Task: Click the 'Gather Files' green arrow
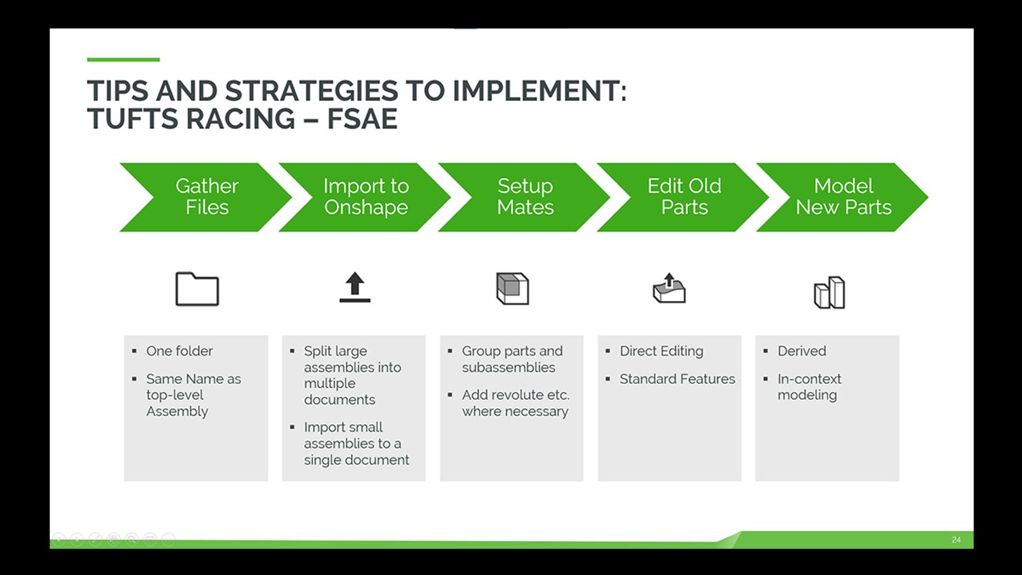(x=206, y=197)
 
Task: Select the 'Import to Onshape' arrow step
(x=365, y=197)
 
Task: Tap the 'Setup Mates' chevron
(x=525, y=197)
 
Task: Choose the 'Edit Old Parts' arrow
(x=684, y=197)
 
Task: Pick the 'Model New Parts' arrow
(x=843, y=197)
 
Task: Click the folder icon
(x=197, y=289)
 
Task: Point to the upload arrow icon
(x=355, y=287)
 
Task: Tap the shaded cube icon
(x=512, y=289)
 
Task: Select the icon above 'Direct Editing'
(x=669, y=288)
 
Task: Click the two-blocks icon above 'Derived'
(x=829, y=293)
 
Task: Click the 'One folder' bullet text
(x=179, y=351)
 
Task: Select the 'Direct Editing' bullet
(x=661, y=351)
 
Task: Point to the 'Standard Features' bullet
(x=677, y=379)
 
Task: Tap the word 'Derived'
(x=802, y=351)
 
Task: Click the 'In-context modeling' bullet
(x=809, y=387)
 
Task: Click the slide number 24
(x=956, y=540)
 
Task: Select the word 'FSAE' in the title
(x=362, y=119)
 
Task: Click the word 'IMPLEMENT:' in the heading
(x=540, y=91)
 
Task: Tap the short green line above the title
(x=123, y=60)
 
